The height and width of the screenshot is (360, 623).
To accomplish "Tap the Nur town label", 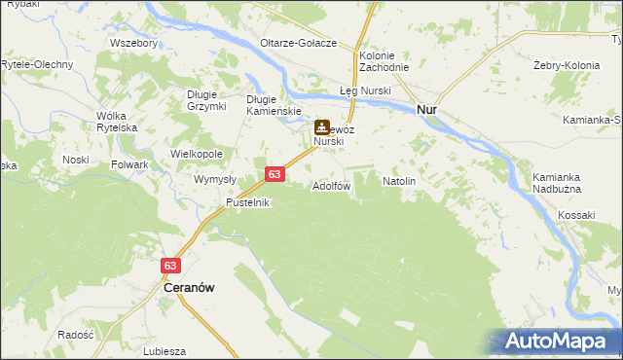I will (x=426, y=110).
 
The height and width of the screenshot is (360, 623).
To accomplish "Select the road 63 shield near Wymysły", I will (x=275, y=174).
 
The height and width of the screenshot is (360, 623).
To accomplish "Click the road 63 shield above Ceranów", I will (x=171, y=266).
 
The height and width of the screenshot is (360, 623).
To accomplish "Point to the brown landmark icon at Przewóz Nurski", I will (x=321, y=127).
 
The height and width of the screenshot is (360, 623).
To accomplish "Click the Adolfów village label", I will (x=331, y=185).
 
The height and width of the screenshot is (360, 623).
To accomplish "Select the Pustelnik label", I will (x=247, y=202).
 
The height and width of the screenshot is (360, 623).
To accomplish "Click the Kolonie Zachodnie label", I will (x=384, y=62).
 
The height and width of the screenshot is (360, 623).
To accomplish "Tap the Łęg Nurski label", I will (x=364, y=90).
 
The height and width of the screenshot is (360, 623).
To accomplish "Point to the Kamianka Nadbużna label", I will (x=557, y=183).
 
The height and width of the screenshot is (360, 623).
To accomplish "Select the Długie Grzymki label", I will (x=206, y=99).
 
